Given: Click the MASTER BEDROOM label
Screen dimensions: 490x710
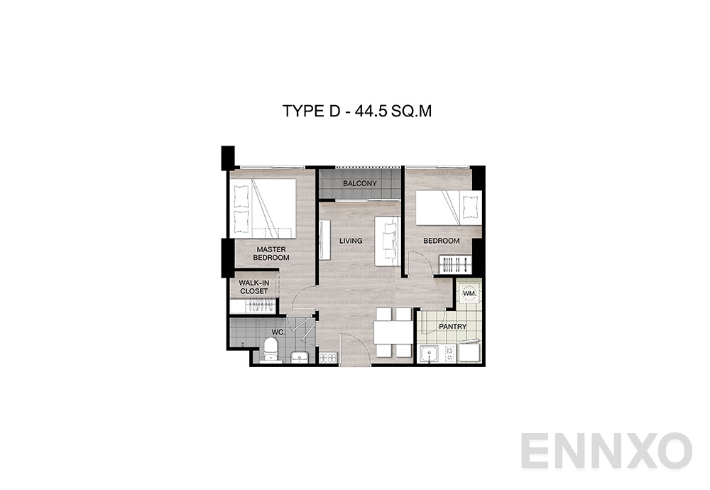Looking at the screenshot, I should (x=271, y=254).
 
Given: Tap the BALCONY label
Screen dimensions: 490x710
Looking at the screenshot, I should (x=359, y=184).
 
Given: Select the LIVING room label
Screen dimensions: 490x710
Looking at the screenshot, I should (x=351, y=241).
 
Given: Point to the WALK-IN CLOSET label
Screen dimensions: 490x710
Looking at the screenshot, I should (x=253, y=287).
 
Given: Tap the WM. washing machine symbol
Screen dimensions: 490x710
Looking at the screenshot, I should (x=469, y=293).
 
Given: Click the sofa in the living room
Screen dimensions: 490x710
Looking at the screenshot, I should (x=388, y=239).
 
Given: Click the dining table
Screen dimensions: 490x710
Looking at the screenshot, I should (x=393, y=332).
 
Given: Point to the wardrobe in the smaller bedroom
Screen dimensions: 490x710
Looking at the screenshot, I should (x=454, y=265).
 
